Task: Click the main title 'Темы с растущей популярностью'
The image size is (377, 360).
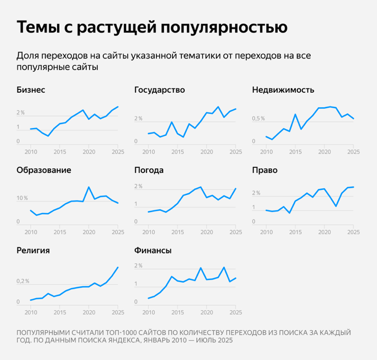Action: point(152,27)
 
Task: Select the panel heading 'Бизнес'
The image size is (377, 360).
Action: point(31,89)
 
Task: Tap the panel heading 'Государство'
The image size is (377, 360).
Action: point(159,89)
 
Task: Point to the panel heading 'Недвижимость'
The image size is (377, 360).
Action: point(283,89)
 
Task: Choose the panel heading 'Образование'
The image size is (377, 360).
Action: point(44,170)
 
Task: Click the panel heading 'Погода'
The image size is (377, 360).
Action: point(149,170)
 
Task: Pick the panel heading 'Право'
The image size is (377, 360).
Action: point(264,170)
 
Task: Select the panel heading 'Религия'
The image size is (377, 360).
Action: point(33,250)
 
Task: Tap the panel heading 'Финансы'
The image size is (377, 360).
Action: point(153,250)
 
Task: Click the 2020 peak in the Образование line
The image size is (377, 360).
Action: point(89,187)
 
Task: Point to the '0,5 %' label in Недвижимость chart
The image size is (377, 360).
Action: point(258,119)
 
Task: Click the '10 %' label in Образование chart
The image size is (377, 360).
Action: point(22,198)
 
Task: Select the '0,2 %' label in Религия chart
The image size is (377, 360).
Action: point(23,281)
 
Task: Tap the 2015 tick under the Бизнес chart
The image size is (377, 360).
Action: point(60,151)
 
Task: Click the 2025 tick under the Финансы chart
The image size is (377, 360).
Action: point(235,312)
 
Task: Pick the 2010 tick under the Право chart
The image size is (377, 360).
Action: point(266,232)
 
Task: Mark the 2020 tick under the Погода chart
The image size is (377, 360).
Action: point(206,232)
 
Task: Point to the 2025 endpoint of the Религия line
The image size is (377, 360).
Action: point(118,267)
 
